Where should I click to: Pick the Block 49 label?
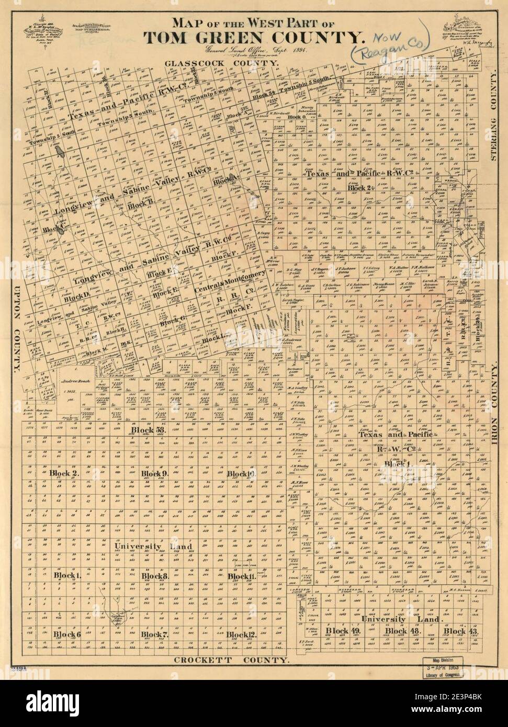(343, 631)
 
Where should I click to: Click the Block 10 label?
(241, 473)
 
